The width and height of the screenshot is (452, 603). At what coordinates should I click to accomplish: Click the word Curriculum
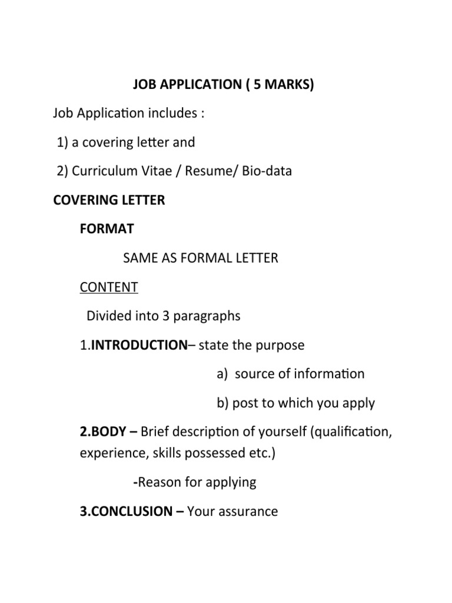tap(107, 171)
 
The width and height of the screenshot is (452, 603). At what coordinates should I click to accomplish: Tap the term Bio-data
tap(264, 171)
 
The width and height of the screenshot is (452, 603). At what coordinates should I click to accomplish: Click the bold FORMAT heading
tap(107, 228)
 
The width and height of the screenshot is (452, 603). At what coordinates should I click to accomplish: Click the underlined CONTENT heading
tap(109, 287)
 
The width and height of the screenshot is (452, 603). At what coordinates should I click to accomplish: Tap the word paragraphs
tap(207, 316)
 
